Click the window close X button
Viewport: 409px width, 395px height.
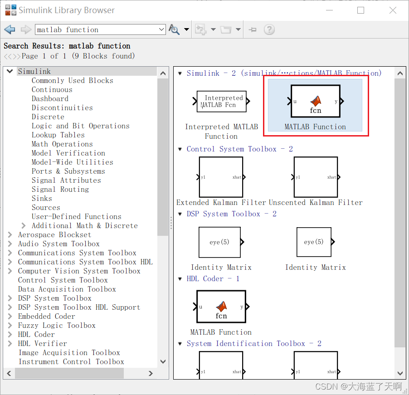point(393,10)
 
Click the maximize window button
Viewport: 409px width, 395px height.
point(361,10)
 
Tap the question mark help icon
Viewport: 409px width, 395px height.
point(269,29)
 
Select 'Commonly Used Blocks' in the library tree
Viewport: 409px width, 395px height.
point(72,80)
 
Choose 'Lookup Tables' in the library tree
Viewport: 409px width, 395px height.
point(58,135)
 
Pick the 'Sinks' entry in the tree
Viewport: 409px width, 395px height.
point(42,198)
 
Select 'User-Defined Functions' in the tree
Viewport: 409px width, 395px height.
point(76,216)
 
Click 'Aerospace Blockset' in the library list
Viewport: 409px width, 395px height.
point(54,234)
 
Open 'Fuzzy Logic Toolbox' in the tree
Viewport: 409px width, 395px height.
point(57,325)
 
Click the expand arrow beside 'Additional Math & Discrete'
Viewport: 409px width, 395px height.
point(24,225)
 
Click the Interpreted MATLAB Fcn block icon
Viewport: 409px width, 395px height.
point(221,101)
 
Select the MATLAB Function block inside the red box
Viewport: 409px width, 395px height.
point(315,101)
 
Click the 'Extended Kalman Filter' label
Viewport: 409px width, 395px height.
point(221,202)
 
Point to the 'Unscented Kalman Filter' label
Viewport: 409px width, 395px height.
point(316,202)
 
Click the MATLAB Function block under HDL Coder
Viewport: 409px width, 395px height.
point(221,306)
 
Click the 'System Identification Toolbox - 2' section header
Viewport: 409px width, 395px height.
point(254,343)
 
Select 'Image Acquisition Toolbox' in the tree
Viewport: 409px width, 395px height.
point(69,352)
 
